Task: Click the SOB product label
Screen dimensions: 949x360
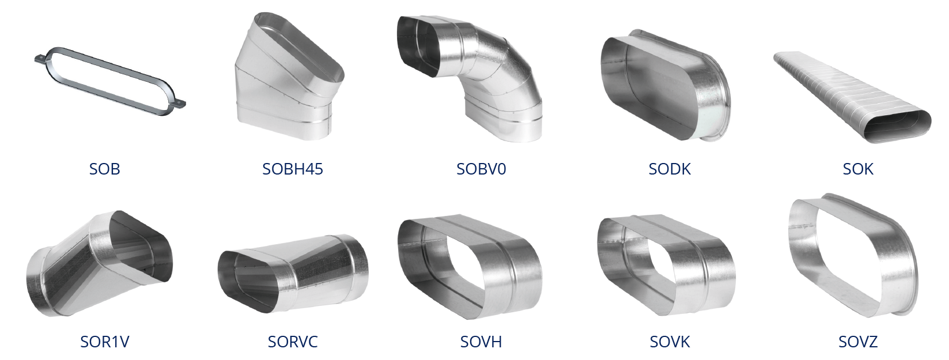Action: click(104, 169)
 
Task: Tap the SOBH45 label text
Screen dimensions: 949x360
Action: click(292, 169)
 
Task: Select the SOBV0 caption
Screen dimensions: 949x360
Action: click(481, 169)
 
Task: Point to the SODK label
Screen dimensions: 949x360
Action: click(670, 169)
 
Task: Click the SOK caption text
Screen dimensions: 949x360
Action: click(858, 169)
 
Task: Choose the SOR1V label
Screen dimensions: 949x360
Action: click(105, 342)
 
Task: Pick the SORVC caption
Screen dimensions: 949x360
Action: click(293, 342)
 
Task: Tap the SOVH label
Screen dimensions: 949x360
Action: click(481, 342)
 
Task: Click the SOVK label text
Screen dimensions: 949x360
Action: click(670, 342)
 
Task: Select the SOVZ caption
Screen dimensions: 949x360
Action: click(858, 342)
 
